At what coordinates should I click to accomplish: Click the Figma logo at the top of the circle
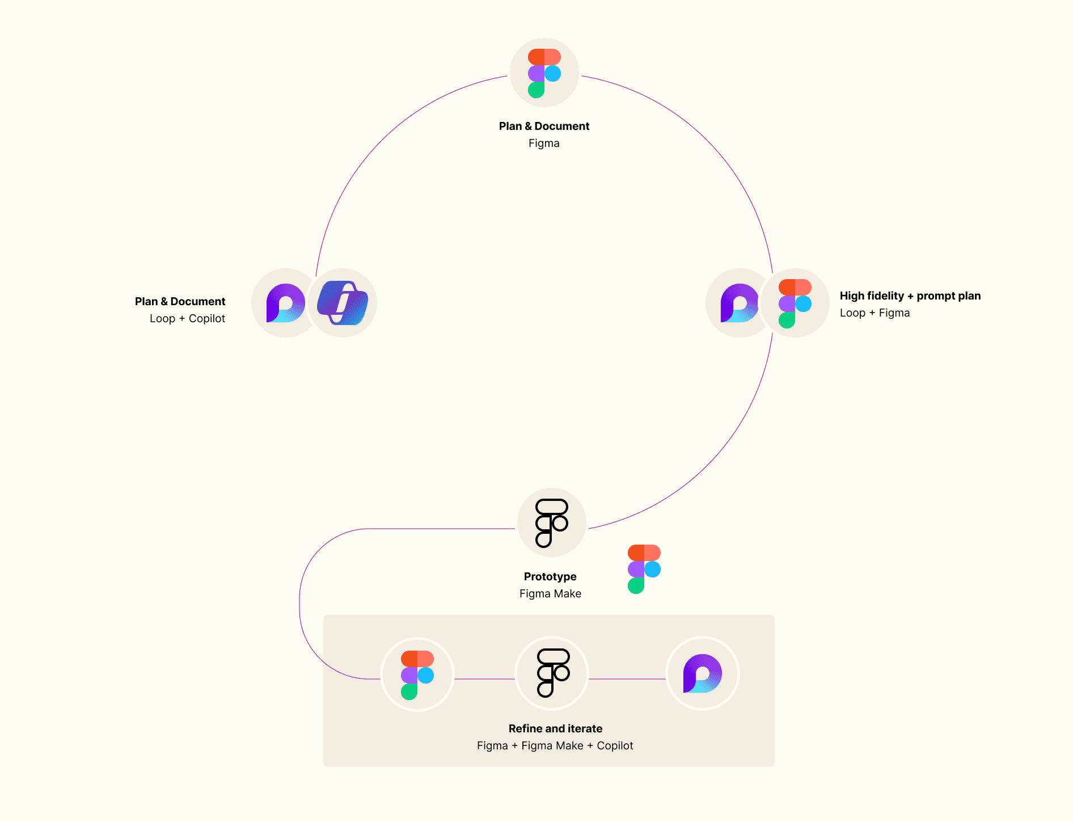pos(544,73)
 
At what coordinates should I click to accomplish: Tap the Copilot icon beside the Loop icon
pos(343,303)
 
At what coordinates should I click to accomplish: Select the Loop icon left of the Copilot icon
pos(285,303)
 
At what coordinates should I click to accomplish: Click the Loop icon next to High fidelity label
pos(738,303)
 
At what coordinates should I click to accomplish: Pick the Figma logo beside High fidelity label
pos(795,303)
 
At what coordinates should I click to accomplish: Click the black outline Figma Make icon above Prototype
pos(551,522)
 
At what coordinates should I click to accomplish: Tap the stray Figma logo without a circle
pos(644,569)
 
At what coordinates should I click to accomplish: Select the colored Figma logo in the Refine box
pos(417,674)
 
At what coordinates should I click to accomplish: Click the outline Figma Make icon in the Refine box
pos(552,673)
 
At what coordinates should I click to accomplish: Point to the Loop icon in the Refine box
pos(702,673)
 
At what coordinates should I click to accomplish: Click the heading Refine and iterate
pos(555,728)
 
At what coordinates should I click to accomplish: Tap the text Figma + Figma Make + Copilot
pos(555,745)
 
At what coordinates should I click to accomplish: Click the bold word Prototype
pos(550,576)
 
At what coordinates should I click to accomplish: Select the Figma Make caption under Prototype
pos(550,593)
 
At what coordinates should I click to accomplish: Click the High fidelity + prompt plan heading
pos(910,296)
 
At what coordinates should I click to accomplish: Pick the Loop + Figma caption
pos(875,313)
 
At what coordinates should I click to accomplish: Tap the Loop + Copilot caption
pos(187,318)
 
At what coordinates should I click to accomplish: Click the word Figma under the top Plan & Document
pos(544,143)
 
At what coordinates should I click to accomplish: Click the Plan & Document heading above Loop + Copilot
pos(180,301)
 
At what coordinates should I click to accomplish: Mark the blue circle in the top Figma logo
pos(552,73)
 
